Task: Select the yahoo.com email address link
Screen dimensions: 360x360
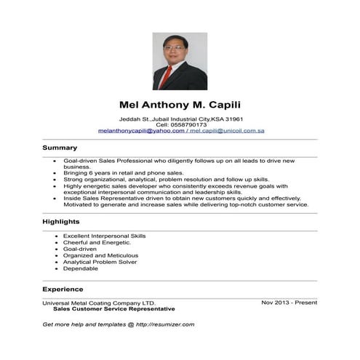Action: [x=141, y=130]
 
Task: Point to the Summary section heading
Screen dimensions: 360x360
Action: [x=60, y=148]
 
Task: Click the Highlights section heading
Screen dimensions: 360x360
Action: [x=61, y=221]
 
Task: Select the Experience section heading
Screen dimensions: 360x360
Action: [x=63, y=289]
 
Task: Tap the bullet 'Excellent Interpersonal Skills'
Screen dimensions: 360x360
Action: [x=104, y=236]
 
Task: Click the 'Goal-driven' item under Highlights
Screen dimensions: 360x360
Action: [x=79, y=249]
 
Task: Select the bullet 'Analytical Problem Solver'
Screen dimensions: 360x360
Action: [x=100, y=262]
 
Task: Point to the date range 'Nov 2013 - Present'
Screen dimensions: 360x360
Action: [x=289, y=302]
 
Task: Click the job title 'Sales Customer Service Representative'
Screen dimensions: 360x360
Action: [x=113, y=308]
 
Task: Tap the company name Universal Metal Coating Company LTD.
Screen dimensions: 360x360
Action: [x=99, y=303]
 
